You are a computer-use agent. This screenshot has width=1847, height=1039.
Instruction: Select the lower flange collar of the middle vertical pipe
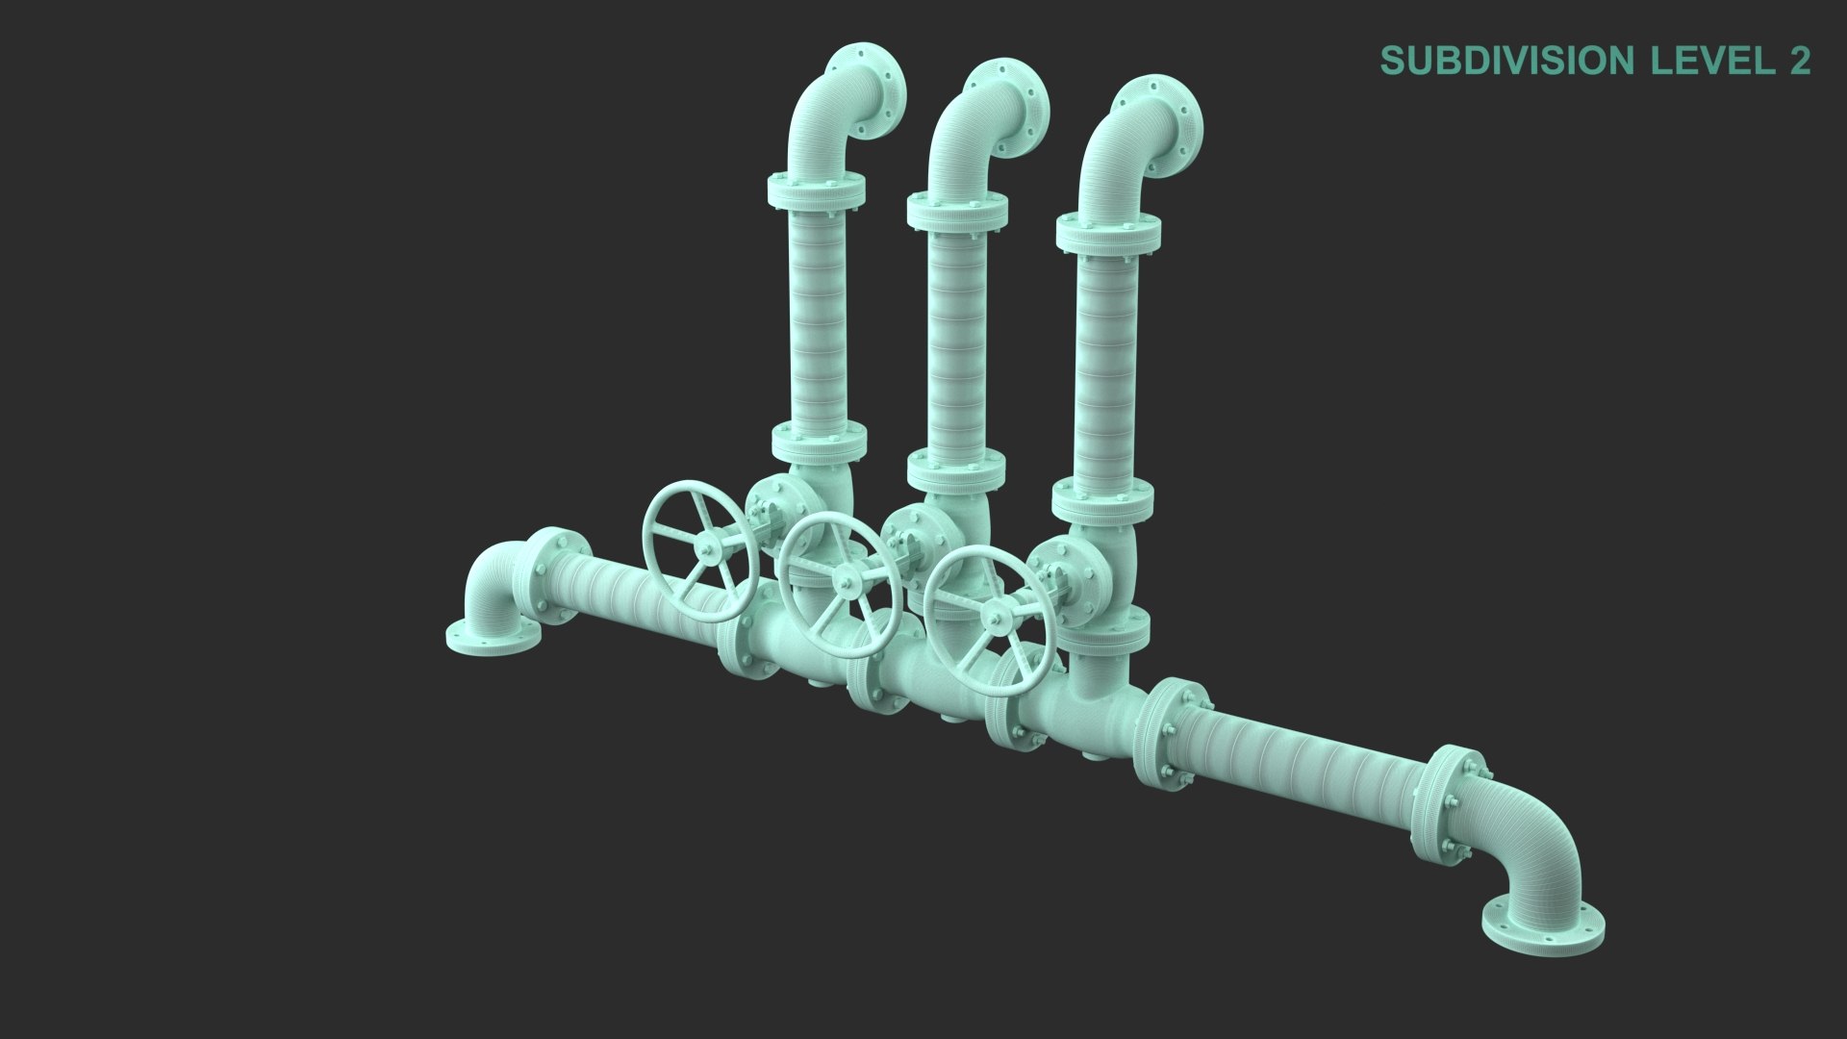coord(956,470)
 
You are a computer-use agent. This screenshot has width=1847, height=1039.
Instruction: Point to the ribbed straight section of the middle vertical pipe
coord(958,337)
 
